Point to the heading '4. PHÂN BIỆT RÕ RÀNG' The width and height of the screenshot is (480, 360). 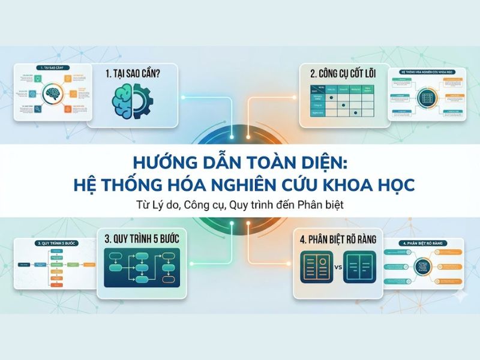point(339,239)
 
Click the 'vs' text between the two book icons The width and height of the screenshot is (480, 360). point(338,268)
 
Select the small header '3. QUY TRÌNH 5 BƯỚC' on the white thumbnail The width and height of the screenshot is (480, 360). point(53,244)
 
